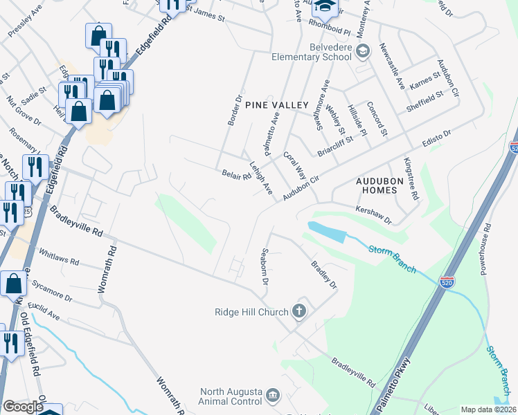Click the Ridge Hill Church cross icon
click(x=299, y=312)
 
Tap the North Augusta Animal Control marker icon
click(x=273, y=396)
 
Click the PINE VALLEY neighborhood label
click(x=276, y=104)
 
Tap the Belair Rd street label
click(x=236, y=175)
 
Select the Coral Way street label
click(x=294, y=164)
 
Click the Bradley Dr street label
click(x=323, y=275)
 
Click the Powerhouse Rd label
click(x=488, y=249)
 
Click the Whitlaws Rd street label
click(x=60, y=257)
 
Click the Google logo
click(x=23, y=407)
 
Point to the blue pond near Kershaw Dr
click(x=325, y=231)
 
